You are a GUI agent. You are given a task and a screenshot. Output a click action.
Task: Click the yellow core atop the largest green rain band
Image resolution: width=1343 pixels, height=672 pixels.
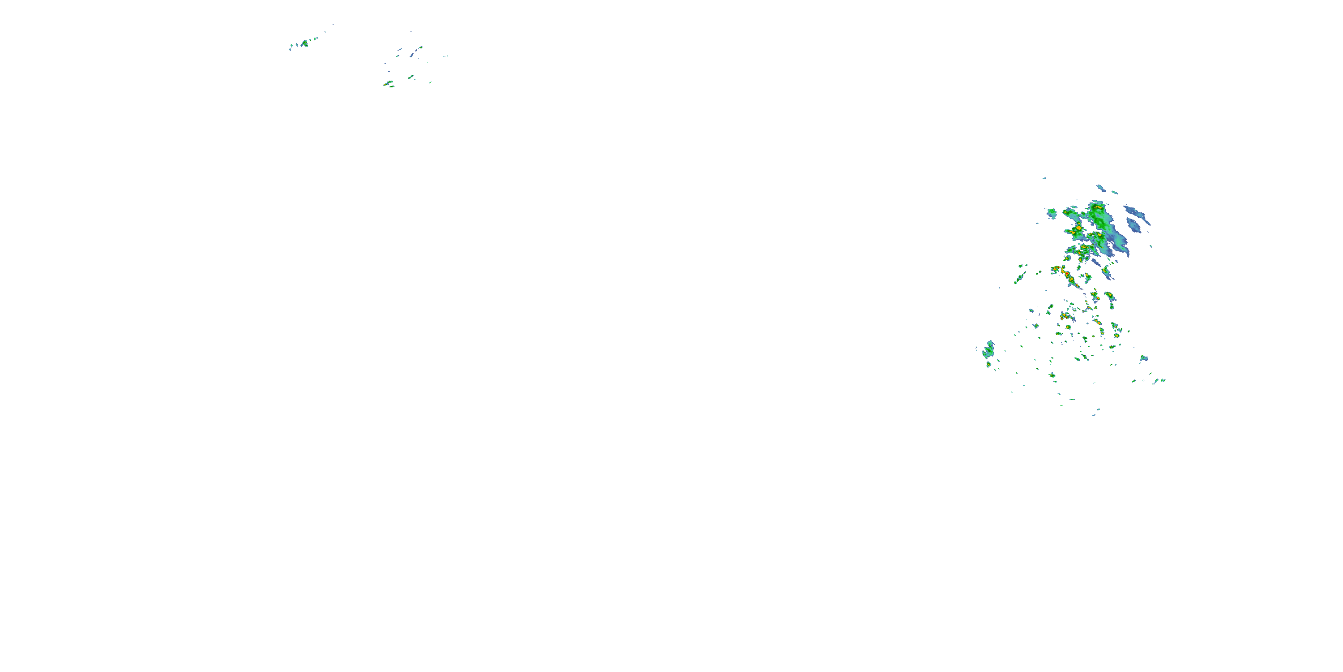[x=1097, y=208]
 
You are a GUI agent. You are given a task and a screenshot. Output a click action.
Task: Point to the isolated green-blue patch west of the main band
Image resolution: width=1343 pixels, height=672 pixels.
[x=1052, y=212]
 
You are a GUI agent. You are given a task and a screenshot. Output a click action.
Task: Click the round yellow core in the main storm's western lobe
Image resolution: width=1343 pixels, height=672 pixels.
[x=1078, y=228]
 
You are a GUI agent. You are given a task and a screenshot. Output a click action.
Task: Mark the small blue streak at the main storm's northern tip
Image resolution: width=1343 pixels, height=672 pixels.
[x=1100, y=187]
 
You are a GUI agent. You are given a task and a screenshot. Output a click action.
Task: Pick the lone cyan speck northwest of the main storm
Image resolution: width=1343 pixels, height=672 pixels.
[x=1044, y=178]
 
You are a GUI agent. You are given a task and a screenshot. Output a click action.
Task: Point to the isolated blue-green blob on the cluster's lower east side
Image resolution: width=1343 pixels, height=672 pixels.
[x=1143, y=358]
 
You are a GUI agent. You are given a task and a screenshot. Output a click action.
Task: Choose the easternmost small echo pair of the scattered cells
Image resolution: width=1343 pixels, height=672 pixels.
[x=1159, y=381]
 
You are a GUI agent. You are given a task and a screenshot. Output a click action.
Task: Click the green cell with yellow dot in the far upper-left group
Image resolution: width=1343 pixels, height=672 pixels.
[x=304, y=43]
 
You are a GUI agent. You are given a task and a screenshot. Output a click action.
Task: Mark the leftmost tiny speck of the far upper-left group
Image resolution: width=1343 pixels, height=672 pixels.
[x=290, y=49]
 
